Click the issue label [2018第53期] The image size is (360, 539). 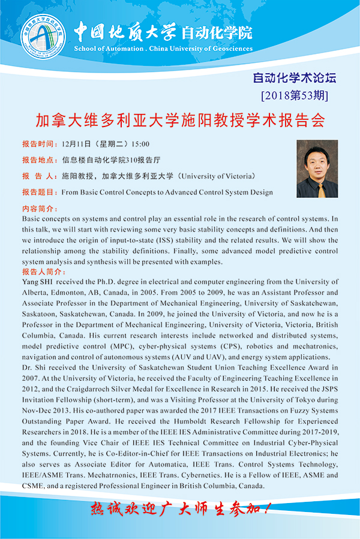(295, 95)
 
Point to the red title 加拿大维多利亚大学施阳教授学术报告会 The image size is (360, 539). (179, 120)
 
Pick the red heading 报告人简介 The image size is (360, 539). (41, 272)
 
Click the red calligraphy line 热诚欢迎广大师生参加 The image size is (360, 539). (180, 510)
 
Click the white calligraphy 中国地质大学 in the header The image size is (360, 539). (116, 31)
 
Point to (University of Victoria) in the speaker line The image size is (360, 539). (217, 176)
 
